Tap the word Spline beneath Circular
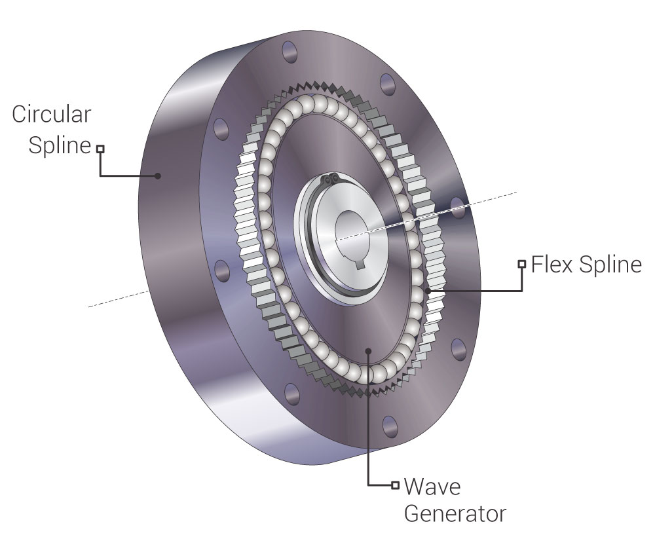click(58, 145)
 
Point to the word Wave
click(433, 487)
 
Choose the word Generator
click(455, 513)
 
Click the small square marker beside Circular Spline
click(100, 149)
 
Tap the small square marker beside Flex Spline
click(522, 264)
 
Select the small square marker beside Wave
click(395, 485)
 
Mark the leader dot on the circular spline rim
click(157, 176)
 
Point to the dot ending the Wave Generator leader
click(369, 351)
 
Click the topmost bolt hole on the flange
click(288, 52)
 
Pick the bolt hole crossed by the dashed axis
click(458, 208)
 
